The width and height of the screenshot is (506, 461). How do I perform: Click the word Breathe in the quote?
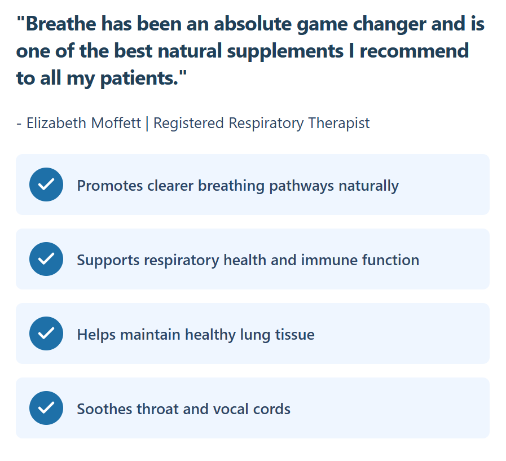click(x=61, y=24)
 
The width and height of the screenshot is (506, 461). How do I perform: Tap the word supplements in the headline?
click(x=285, y=51)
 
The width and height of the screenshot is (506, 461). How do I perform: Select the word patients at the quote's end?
click(x=139, y=78)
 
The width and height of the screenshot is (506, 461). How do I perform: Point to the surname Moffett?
click(x=116, y=123)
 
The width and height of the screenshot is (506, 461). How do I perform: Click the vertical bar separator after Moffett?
click(x=147, y=124)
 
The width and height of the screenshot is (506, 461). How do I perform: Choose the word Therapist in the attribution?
click(x=338, y=124)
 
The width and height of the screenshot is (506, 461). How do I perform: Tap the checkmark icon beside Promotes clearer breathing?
click(x=46, y=185)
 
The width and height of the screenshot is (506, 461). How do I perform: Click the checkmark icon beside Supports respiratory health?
click(x=46, y=259)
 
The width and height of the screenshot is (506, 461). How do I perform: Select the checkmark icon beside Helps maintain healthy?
click(x=46, y=333)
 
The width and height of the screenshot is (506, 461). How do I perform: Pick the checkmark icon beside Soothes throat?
click(x=46, y=408)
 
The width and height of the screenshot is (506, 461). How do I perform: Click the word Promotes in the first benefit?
click(x=110, y=186)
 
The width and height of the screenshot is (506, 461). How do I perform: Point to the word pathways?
click(x=301, y=186)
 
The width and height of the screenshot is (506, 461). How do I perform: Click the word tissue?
click(x=294, y=335)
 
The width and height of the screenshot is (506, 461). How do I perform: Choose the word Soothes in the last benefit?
click(x=104, y=409)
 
